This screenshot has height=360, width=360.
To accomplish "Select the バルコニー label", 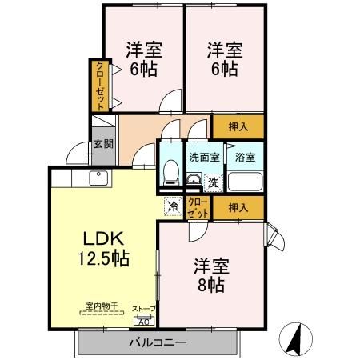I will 158,342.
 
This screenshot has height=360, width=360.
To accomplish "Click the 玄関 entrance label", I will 102,144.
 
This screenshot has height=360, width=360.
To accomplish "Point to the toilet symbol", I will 170,171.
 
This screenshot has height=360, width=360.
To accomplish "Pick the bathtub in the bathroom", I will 244,181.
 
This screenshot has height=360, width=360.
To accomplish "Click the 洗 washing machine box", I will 213,182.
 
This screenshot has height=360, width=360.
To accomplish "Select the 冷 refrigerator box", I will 173,206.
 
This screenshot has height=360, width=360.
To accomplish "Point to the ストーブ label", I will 144,307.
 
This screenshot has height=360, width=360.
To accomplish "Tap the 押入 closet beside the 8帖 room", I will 238,208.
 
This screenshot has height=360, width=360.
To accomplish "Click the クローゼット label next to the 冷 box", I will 198,208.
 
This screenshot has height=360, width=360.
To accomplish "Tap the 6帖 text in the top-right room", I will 223,69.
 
